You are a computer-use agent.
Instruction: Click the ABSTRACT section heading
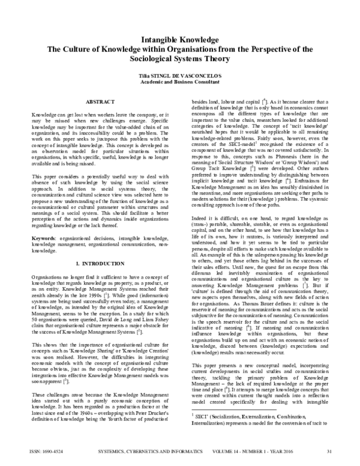point(101,103)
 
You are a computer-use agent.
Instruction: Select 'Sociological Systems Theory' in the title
point(179,59)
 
